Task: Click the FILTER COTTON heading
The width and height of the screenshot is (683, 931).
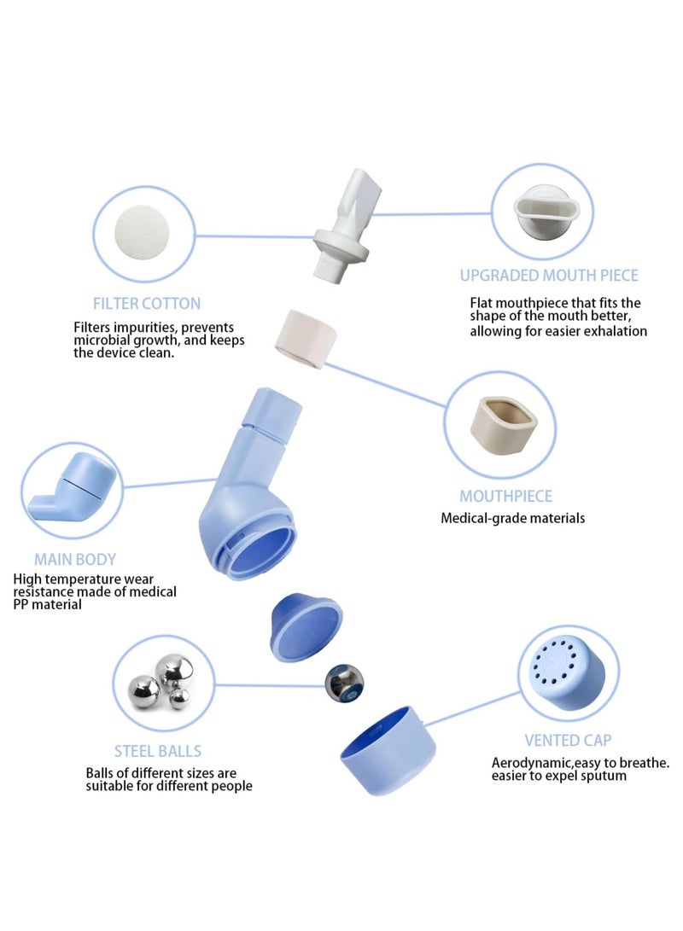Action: point(147,304)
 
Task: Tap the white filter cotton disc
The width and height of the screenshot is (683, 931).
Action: point(142,233)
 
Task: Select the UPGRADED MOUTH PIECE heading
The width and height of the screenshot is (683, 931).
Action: point(549,276)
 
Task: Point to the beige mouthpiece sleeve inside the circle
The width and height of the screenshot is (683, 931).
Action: point(504,425)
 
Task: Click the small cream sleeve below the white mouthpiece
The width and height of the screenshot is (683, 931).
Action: point(306,339)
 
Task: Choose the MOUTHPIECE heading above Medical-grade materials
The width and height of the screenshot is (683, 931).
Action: point(506,496)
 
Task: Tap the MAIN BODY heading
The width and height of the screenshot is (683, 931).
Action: point(75,559)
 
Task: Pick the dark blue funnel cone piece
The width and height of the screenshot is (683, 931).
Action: point(306,626)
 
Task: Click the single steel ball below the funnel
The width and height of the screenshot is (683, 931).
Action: point(344,684)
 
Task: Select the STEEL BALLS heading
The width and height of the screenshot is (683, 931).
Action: point(158,751)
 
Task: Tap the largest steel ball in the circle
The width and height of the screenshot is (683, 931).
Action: point(174,672)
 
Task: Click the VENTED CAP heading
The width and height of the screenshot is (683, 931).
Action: point(568,741)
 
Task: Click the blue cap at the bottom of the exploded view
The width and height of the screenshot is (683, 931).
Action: point(388,750)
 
